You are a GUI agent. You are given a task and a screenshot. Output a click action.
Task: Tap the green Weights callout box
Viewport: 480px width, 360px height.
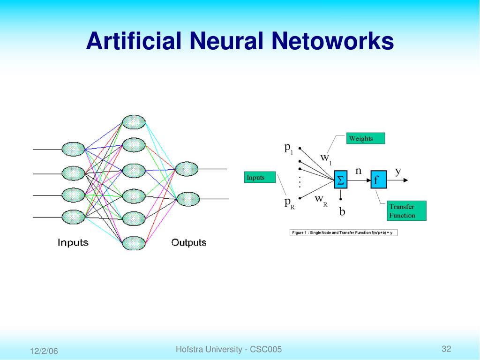[x=366, y=138]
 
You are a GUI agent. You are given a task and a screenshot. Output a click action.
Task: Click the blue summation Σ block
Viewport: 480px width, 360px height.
[x=341, y=180]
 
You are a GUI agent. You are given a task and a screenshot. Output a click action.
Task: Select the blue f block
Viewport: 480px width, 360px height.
[x=378, y=180]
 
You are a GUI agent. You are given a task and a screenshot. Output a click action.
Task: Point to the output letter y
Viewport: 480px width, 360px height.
[x=398, y=171]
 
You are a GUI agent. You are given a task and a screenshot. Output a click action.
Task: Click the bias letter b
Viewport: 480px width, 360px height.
[x=342, y=212]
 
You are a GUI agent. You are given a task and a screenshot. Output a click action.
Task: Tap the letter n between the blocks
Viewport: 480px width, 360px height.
[x=358, y=171]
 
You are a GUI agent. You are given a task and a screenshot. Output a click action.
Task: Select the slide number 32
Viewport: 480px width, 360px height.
[x=446, y=349]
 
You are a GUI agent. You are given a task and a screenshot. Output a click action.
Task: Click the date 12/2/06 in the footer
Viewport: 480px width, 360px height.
[x=44, y=351]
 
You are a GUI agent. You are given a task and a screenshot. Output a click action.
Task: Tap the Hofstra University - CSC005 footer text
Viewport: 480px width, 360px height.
[x=229, y=349]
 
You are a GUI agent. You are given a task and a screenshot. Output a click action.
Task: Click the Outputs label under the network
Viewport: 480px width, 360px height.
[x=188, y=242]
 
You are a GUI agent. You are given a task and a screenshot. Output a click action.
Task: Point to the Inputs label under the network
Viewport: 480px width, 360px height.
[x=73, y=242]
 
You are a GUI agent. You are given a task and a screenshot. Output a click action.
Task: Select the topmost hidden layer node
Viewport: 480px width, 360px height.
[x=134, y=122]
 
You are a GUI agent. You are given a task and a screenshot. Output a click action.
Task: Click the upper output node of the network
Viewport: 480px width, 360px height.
[x=186, y=169]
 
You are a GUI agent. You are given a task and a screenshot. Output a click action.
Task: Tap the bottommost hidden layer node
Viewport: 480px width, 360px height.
[x=134, y=243]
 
